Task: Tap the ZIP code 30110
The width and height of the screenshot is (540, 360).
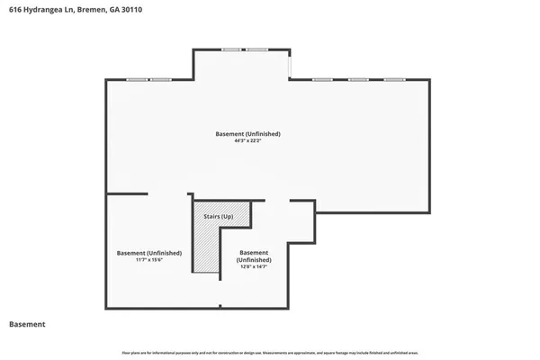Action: point(130,10)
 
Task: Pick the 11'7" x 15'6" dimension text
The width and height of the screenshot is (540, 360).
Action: point(148,260)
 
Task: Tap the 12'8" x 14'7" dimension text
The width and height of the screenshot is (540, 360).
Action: point(255,266)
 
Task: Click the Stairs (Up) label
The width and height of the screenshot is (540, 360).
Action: point(220,217)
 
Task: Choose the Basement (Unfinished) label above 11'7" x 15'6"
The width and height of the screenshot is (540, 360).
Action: point(148,253)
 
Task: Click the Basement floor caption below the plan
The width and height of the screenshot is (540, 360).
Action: point(27,324)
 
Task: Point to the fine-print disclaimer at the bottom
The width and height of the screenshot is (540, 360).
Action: point(269,350)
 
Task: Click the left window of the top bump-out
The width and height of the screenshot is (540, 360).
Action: point(230,49)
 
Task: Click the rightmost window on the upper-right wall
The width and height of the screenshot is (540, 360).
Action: point(394,80)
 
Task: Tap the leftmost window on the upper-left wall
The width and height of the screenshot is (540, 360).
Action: point(137,80)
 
